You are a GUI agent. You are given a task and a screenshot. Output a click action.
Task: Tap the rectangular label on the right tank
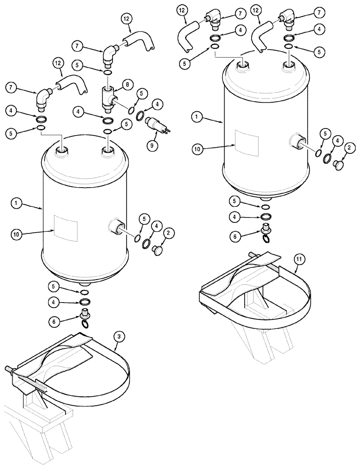tap(247, 141)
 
